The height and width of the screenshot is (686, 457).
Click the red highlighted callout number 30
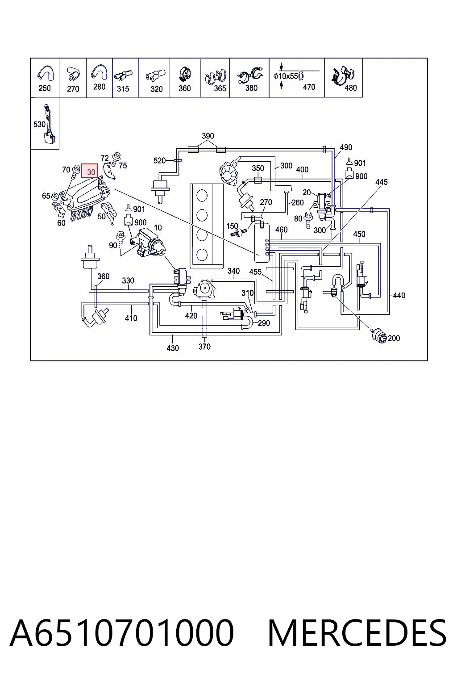[x=89, y=171]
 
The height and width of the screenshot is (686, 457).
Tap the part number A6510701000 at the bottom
[x=122, y=633]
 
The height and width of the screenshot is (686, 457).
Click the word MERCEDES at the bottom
[x=357, y=633]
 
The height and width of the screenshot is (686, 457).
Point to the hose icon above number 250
[x=46, y=74]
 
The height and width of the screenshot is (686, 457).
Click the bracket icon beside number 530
[x=49, y=124]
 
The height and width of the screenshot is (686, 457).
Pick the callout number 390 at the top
[x=208, y=136]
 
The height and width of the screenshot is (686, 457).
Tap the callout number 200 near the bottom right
[x=394, y=339]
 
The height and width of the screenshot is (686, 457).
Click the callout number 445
[x=382, y=182]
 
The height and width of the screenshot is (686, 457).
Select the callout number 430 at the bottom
[x=173, y=348]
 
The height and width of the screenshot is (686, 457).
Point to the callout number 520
[x=159, y=160]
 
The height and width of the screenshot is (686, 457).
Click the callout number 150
[x=232, y=226]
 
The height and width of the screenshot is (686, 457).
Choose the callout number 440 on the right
[x=399, y=296]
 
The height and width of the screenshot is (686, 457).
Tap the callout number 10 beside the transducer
[x=158, y=227]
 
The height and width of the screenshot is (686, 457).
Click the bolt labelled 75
[x=116, y=159]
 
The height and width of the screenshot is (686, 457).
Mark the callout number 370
[x=204, y=347]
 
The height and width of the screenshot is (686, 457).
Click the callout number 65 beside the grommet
[x=46, y=196]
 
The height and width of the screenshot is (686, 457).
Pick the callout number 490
[x=346, y=147]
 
